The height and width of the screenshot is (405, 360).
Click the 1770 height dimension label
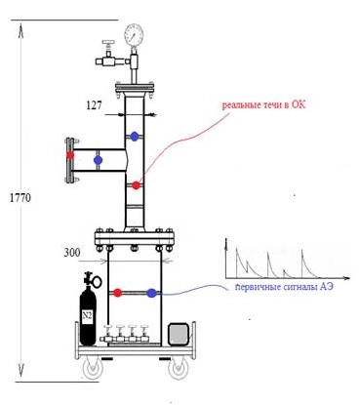coord(20,198)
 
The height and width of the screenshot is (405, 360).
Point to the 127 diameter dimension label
coord(94,105)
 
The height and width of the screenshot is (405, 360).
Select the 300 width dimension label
coord(72,253)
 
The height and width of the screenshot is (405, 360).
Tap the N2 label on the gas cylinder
coord(87,315)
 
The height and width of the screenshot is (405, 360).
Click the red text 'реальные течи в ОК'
coord(263,105)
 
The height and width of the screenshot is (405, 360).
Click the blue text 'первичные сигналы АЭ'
coord(284,287)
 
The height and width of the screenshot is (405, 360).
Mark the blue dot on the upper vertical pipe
coord(135,137)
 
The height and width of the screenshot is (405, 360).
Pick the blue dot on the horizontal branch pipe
coord(98,160)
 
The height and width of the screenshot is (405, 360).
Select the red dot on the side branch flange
coord(70,155)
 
